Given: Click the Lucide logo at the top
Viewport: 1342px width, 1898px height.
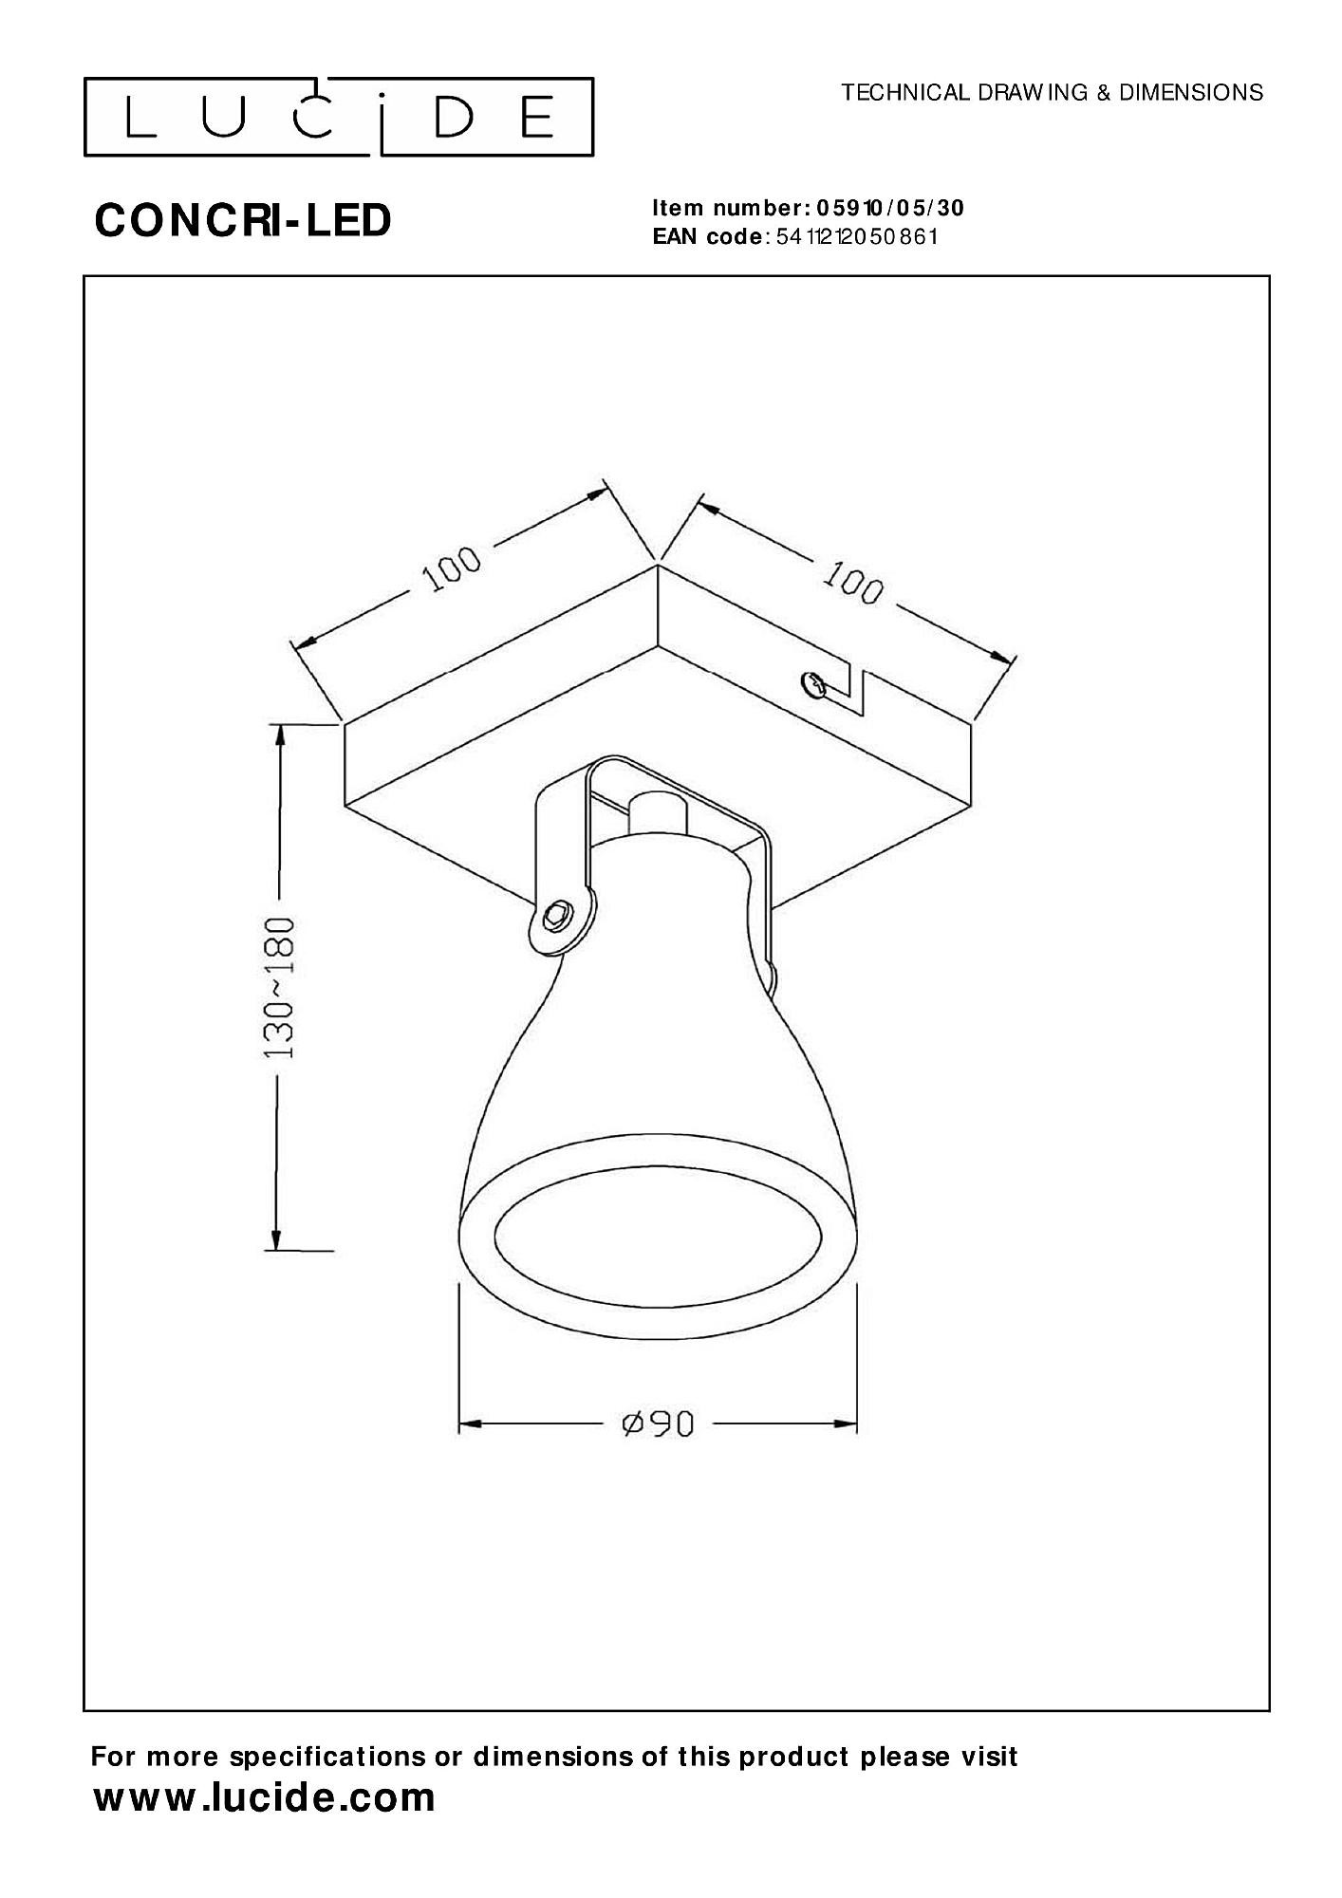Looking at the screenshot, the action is [339, 117].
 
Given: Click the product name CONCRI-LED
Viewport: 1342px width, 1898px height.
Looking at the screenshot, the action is [243, 221].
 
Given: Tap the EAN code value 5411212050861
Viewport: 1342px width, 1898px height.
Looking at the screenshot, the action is [856, 236].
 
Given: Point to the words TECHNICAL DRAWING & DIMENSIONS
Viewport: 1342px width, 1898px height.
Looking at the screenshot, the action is [1053, 92].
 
